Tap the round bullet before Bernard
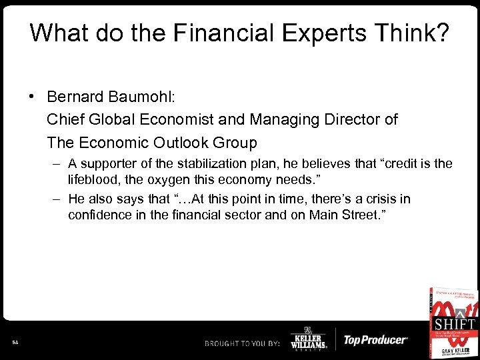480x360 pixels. point(32,95)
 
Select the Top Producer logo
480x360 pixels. point(375,340)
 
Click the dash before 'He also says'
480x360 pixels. point(57,199)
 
